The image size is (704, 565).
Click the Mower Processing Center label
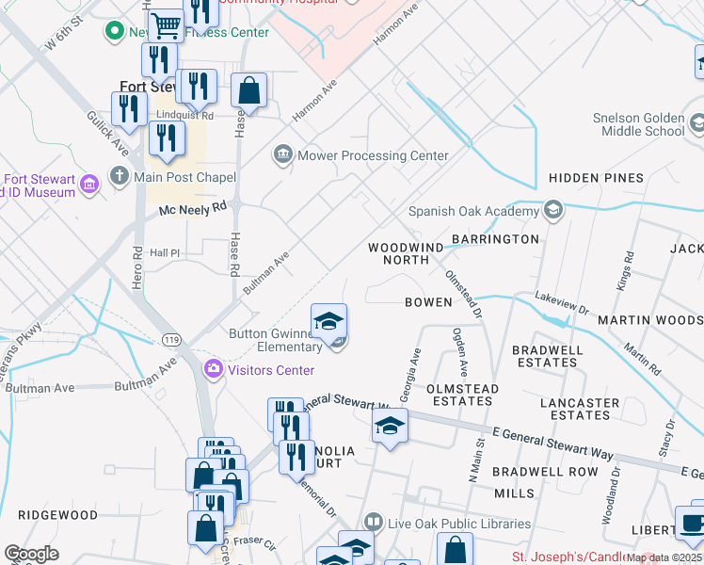click(x=373, y=155)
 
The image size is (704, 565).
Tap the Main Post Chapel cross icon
click(x=119, y=176)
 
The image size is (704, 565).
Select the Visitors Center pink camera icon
click(x=213, y=370)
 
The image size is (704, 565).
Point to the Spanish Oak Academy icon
click(x=553, y=210)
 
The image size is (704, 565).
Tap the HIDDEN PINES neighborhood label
click(x=596, y=177)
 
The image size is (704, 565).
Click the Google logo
click(x=31, y=554)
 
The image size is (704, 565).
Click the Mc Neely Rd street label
click(x=194, y=210)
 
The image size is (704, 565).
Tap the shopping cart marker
click(x=167, y=26)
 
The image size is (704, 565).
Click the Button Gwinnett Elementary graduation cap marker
click(x=328, y=322)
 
